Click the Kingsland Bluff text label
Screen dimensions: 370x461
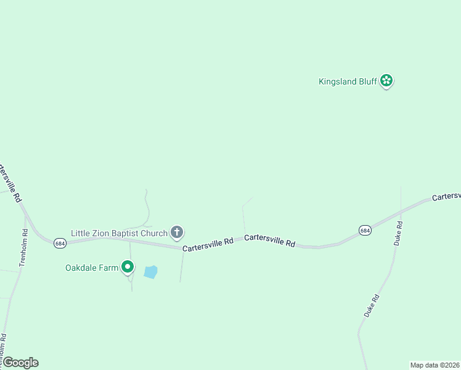348,81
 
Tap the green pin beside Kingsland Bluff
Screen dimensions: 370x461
386,80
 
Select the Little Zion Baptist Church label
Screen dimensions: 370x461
119,233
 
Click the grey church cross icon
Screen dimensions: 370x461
177,232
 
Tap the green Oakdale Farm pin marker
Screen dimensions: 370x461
128,267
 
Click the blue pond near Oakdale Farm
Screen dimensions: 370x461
150,271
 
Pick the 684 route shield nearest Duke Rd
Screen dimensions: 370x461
365,230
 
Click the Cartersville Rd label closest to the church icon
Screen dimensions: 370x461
208,244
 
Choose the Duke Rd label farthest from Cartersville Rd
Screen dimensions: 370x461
370,305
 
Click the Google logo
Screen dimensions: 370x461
20,363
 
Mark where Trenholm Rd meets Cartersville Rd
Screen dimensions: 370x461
25,216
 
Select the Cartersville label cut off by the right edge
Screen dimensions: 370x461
446,197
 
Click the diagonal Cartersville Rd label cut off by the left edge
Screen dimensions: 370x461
10,183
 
